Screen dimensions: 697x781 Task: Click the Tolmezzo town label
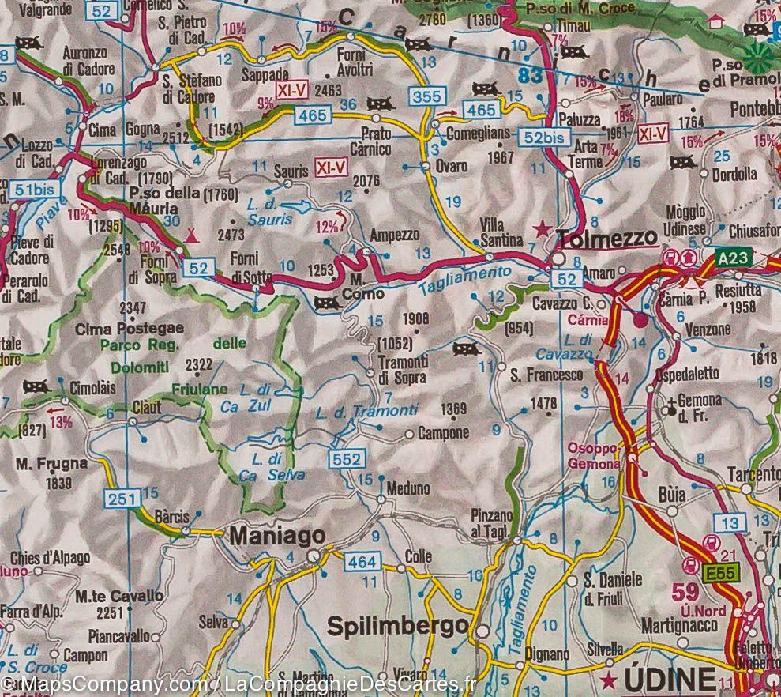(x=606, y=238)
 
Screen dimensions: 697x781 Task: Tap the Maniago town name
(x=276, y=536)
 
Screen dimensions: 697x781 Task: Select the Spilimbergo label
(x=396, y=626)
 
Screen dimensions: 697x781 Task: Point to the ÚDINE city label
(x=669, y=678)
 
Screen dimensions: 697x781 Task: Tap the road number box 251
(x=122, y=497)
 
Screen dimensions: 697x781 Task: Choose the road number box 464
(x=362, y=562)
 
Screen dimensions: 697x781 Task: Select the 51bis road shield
(x=34, y=190)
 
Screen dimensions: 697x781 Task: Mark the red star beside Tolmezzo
(x=542, y=230)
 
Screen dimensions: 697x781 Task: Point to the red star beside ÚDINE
(x=608, y=680)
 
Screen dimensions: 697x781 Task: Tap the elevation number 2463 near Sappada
(x=326, y=89)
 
